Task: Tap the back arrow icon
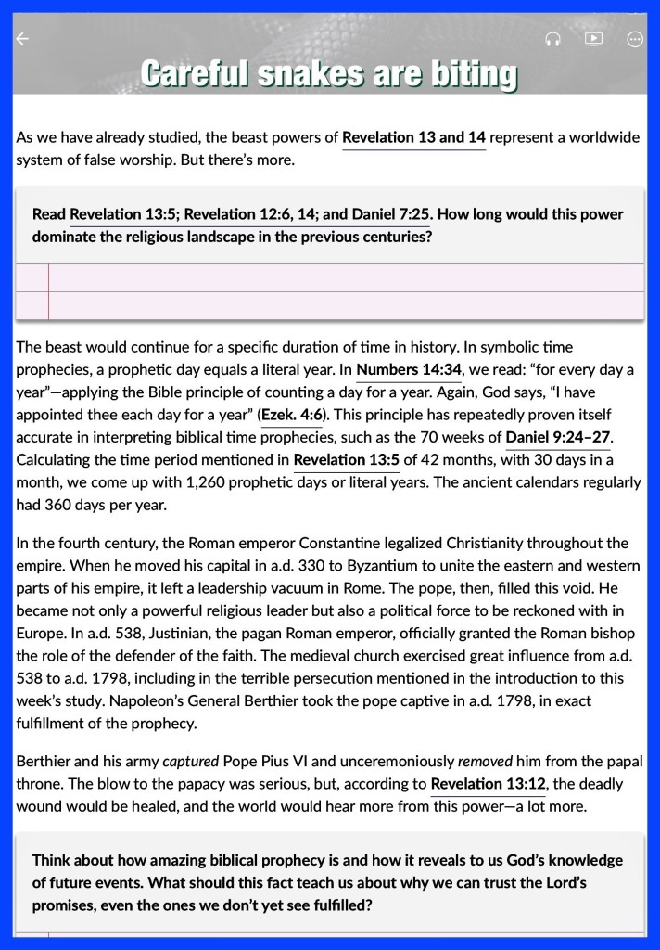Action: (23, 39)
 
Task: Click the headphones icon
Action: (552, 39)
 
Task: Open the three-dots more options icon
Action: (635, 39)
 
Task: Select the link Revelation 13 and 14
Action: (413, 138)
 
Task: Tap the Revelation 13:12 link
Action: (488, 784)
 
